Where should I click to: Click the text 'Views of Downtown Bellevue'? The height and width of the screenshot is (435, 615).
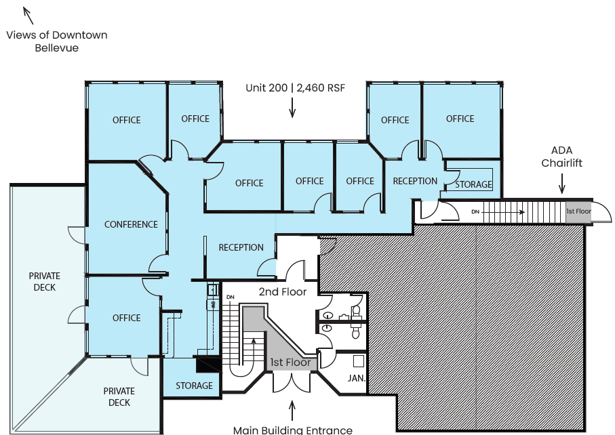tap(57, 41)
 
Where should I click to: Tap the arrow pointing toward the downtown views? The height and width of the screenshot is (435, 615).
tap(28, 14)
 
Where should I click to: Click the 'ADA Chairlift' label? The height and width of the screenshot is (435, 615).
tap(561, 157)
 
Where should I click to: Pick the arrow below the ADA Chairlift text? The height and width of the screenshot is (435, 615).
tap(561, 183)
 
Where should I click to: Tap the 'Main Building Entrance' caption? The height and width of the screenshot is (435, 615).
tap(292, 430)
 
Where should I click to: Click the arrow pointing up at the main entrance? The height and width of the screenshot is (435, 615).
tap(292, 409)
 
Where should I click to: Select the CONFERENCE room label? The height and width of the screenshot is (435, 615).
tap(131, 224)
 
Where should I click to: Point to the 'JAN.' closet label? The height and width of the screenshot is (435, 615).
tap(357, 378)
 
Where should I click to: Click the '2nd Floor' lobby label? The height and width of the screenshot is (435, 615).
tap(283, 292)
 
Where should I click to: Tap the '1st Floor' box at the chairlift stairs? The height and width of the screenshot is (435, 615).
tap(578, 211)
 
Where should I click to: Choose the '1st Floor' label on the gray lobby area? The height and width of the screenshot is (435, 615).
tap(290, 362)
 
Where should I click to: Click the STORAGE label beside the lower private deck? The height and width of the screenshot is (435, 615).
tap(194, 386)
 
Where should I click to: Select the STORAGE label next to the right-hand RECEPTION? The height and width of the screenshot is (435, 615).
tap(473, 184)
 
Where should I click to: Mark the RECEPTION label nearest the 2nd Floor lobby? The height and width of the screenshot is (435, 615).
tap(241, 247)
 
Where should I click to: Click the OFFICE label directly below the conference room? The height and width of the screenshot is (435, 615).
tap(126, 318)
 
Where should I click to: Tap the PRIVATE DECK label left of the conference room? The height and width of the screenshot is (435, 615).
tap(44, 282)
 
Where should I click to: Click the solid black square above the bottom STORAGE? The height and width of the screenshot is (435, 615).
tap(207, 365)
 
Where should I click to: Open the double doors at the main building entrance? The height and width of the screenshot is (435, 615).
tap(292, 383)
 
